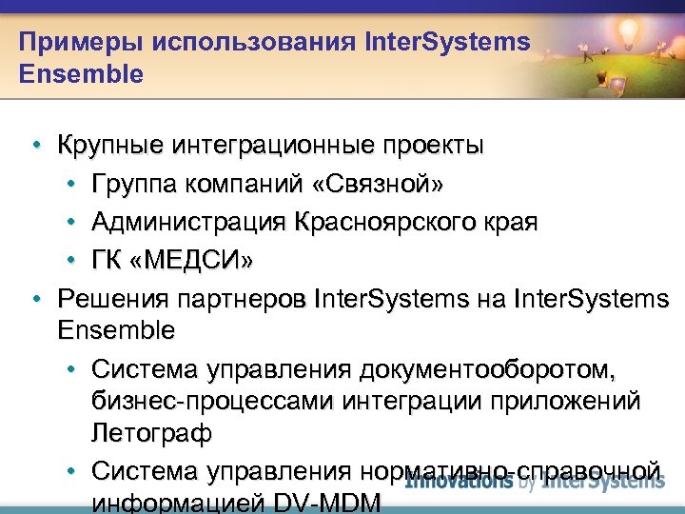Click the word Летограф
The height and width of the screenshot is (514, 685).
[151, 433]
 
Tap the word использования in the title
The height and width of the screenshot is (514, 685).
[238, 42]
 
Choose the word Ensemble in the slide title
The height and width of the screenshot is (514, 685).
[81, 73]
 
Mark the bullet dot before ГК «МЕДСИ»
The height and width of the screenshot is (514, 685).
[71, 260]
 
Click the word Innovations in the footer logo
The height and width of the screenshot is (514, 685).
[460, 481]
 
